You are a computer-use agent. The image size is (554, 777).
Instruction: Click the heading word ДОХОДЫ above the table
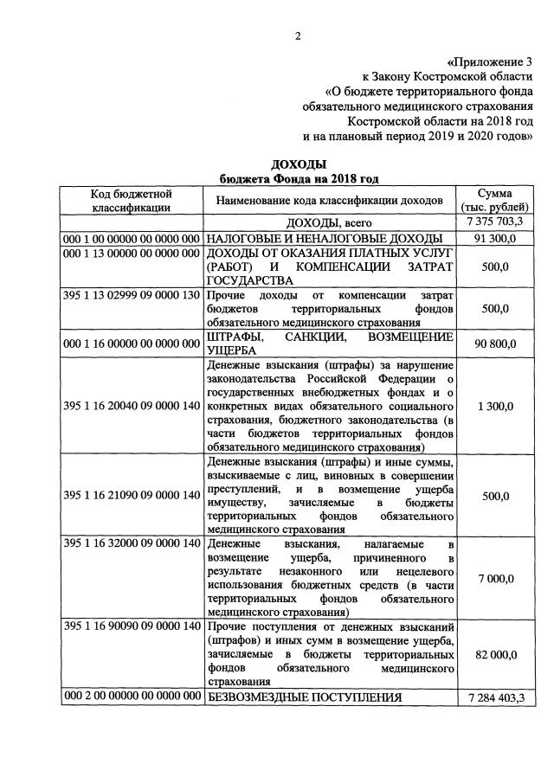[298, 164]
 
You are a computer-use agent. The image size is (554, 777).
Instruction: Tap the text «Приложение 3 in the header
[489, 62]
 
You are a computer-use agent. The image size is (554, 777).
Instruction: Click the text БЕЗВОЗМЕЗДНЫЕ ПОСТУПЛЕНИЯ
[304, 697]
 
